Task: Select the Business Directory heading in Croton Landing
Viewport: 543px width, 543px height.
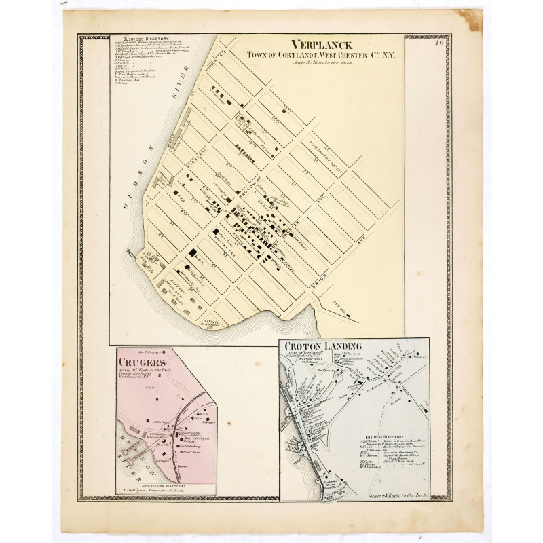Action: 384,437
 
